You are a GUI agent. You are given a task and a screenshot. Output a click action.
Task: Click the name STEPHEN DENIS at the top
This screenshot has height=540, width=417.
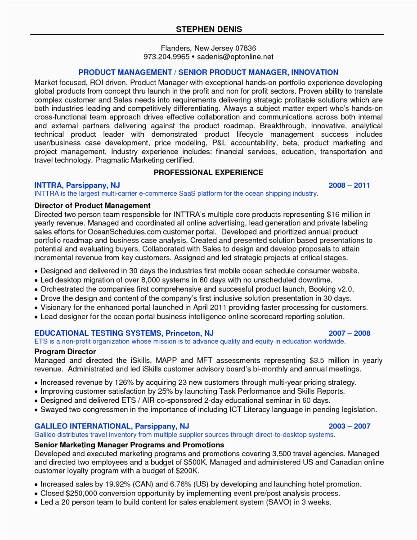tap(209, 29)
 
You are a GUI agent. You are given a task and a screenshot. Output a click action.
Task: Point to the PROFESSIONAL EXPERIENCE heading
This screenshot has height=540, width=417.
tap(208, 173)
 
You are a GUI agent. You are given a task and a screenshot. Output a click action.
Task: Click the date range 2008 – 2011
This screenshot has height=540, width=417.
tap(349, 185)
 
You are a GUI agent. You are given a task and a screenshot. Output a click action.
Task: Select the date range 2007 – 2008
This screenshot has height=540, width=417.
tap(349, 333)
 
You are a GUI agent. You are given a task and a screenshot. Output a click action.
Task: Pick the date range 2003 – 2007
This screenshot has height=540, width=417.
tap(349, 426)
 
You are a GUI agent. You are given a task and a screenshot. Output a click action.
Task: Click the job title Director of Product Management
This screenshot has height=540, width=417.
tap(92, 206)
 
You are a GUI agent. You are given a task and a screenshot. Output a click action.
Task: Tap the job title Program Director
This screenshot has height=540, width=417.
tap(65, 351)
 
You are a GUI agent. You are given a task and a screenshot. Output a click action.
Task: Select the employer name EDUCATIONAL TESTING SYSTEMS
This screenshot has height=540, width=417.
tap(98, 333)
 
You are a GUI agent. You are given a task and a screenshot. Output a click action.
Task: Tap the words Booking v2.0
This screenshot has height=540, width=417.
tap(332, 289)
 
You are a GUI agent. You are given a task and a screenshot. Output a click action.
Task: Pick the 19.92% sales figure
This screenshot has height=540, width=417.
tap(115, 484)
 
